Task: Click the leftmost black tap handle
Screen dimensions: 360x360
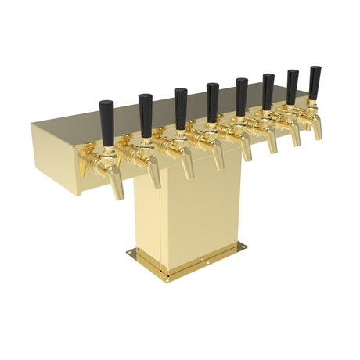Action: click(x=107, y=123)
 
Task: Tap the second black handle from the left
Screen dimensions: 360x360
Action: click(x=146, y=115)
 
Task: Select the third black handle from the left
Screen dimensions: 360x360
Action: click(x=181, y=107)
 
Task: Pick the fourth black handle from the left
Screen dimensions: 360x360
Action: click(x=213, y=102)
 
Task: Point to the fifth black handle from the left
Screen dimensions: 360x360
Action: click(x=242, y=96)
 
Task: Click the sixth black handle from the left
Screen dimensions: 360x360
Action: click(x=268, y=92)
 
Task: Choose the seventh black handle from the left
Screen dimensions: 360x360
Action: click(x=293, y=87)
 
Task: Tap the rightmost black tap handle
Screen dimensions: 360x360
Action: click(x=315, y=82)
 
